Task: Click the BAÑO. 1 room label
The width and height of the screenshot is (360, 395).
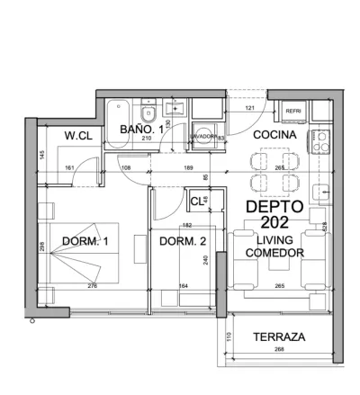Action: tap(142, 131)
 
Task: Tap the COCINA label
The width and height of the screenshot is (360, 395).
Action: tap(271, 135)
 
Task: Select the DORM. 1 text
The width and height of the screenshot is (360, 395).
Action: tap(85, 241)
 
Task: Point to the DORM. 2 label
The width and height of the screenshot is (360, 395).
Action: tap(184, 241)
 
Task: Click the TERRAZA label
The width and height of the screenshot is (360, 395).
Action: tap(278, 337)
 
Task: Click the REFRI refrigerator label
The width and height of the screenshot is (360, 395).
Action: tap(293, 111)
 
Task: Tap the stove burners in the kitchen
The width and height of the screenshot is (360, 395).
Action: tap(320, 141)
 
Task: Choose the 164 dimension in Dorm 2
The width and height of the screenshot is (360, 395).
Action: tap(184, 286)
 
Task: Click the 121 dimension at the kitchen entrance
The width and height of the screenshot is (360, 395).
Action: tap(249, 109)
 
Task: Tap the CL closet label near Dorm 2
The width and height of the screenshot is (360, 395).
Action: tap(195, 200)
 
